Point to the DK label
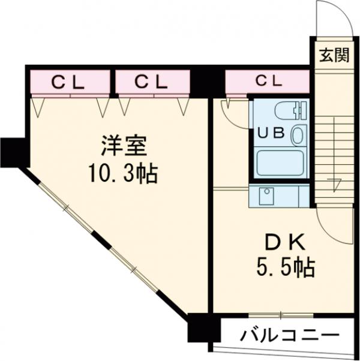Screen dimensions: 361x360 click(x=286, y=242)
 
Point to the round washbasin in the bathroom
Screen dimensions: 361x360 click(x=298, y=136)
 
